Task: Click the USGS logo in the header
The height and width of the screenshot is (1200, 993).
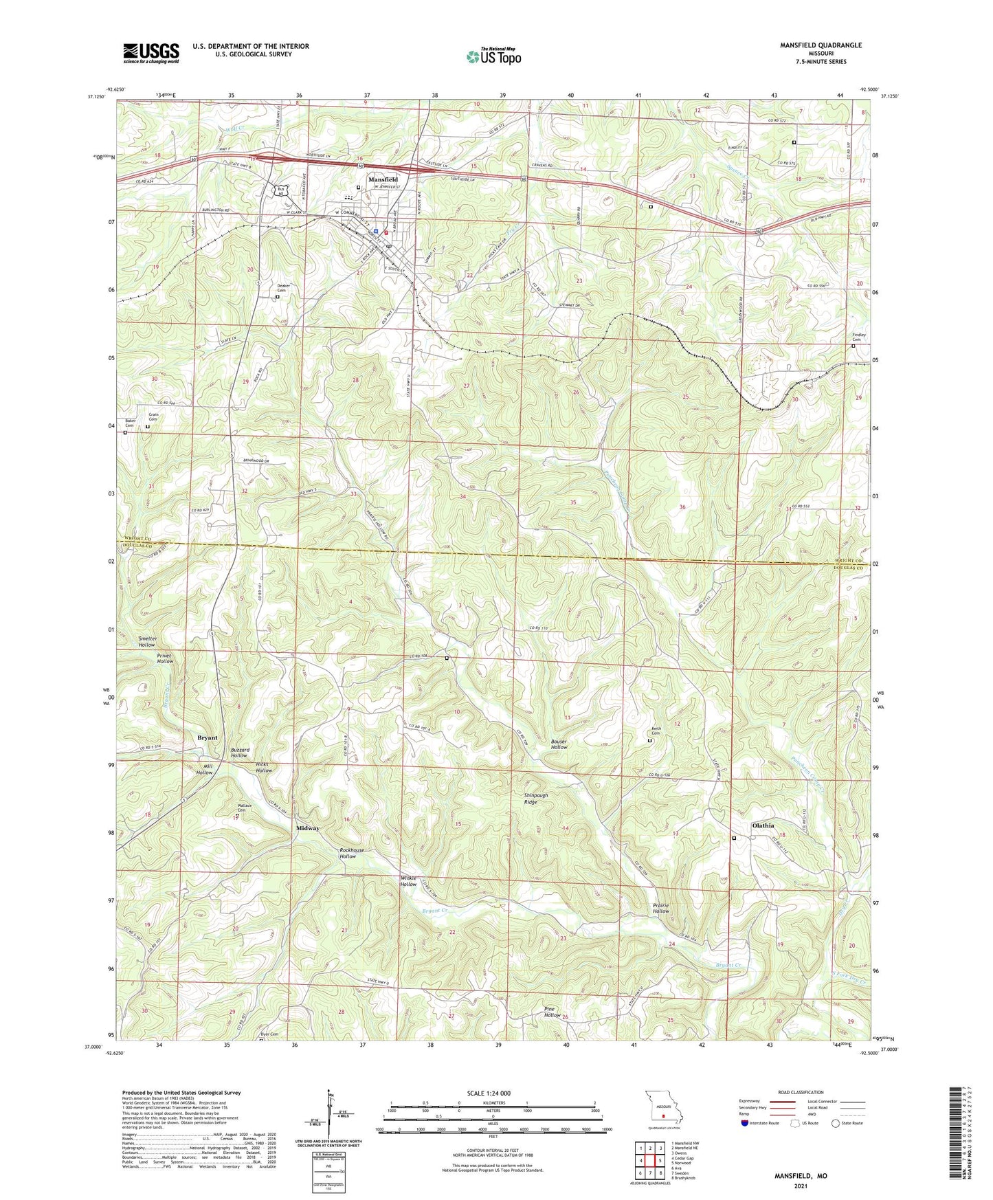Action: click(x=151, y=52)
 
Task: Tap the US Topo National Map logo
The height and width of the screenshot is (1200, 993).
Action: click(x=493, y=56)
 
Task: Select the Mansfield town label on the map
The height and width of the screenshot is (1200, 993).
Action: click(x=383, y=179)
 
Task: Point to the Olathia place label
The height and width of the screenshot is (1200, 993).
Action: click(x=763, y=825)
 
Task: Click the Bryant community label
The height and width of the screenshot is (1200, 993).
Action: click(x=207, y=737)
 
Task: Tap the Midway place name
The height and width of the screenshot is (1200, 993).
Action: click(x=308, y=828)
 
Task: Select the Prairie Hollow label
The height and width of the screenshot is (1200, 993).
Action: click(x=660, y=908)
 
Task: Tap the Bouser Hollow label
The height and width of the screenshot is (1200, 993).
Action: click(x=559, y=744)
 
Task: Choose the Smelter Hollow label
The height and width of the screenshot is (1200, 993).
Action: click(x=147, y=642)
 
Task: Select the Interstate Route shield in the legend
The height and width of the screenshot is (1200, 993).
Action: click(x=745, y=1123)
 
